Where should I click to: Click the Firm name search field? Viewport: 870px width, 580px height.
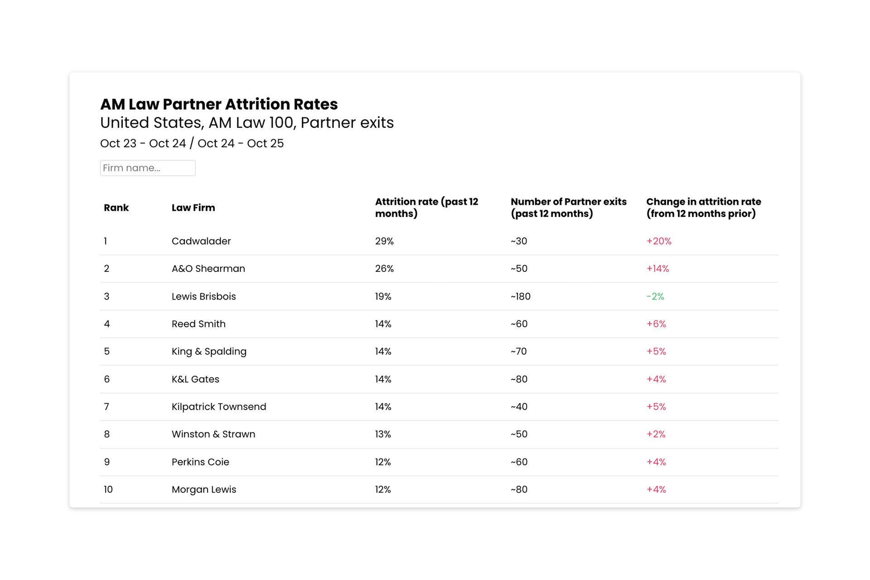point(147,168)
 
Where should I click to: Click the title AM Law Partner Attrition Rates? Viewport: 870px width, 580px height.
point(219,104)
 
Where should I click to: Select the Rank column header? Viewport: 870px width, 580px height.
point(116,208)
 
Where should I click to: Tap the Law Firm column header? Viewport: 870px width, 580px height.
point(193,208)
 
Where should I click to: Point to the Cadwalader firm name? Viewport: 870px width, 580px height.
point(201,241)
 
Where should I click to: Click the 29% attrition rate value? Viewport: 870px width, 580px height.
point(384,241)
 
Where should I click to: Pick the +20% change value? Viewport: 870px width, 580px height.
point(658,241)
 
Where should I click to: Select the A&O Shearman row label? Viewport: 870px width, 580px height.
point(208,269)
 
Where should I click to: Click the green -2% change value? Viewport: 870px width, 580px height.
point(655,296)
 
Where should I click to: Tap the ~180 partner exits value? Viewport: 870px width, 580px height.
point(520,296)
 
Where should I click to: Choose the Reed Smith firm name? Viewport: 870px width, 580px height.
point(198,324)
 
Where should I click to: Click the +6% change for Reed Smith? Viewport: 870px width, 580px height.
point(656,324)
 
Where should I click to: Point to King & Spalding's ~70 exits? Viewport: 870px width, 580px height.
point(518,352)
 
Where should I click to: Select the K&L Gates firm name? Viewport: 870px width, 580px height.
point(195,379)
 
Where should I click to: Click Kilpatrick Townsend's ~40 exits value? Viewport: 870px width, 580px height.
point(519,407)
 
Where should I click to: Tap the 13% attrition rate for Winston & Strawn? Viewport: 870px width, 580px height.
point(383,434)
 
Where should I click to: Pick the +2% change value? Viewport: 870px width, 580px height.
point(656,434)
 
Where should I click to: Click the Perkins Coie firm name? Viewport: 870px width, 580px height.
point(200,462)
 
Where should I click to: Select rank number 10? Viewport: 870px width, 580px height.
point(108,489)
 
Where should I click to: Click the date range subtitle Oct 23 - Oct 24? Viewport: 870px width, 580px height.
point(143,143)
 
